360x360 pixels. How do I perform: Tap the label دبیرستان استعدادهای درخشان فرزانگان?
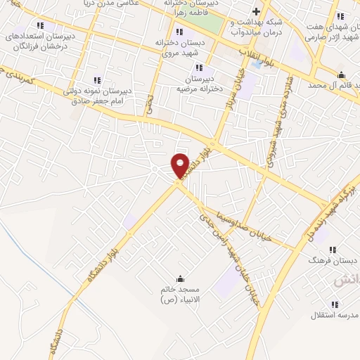(40, 40)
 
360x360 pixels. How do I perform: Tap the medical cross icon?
(257, 12)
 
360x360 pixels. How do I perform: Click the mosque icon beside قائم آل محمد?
(342, 75)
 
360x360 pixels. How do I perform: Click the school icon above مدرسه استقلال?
(333, 304)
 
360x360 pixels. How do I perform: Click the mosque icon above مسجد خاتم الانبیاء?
(181, 278)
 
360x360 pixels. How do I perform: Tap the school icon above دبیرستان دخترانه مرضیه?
(199, 67)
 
